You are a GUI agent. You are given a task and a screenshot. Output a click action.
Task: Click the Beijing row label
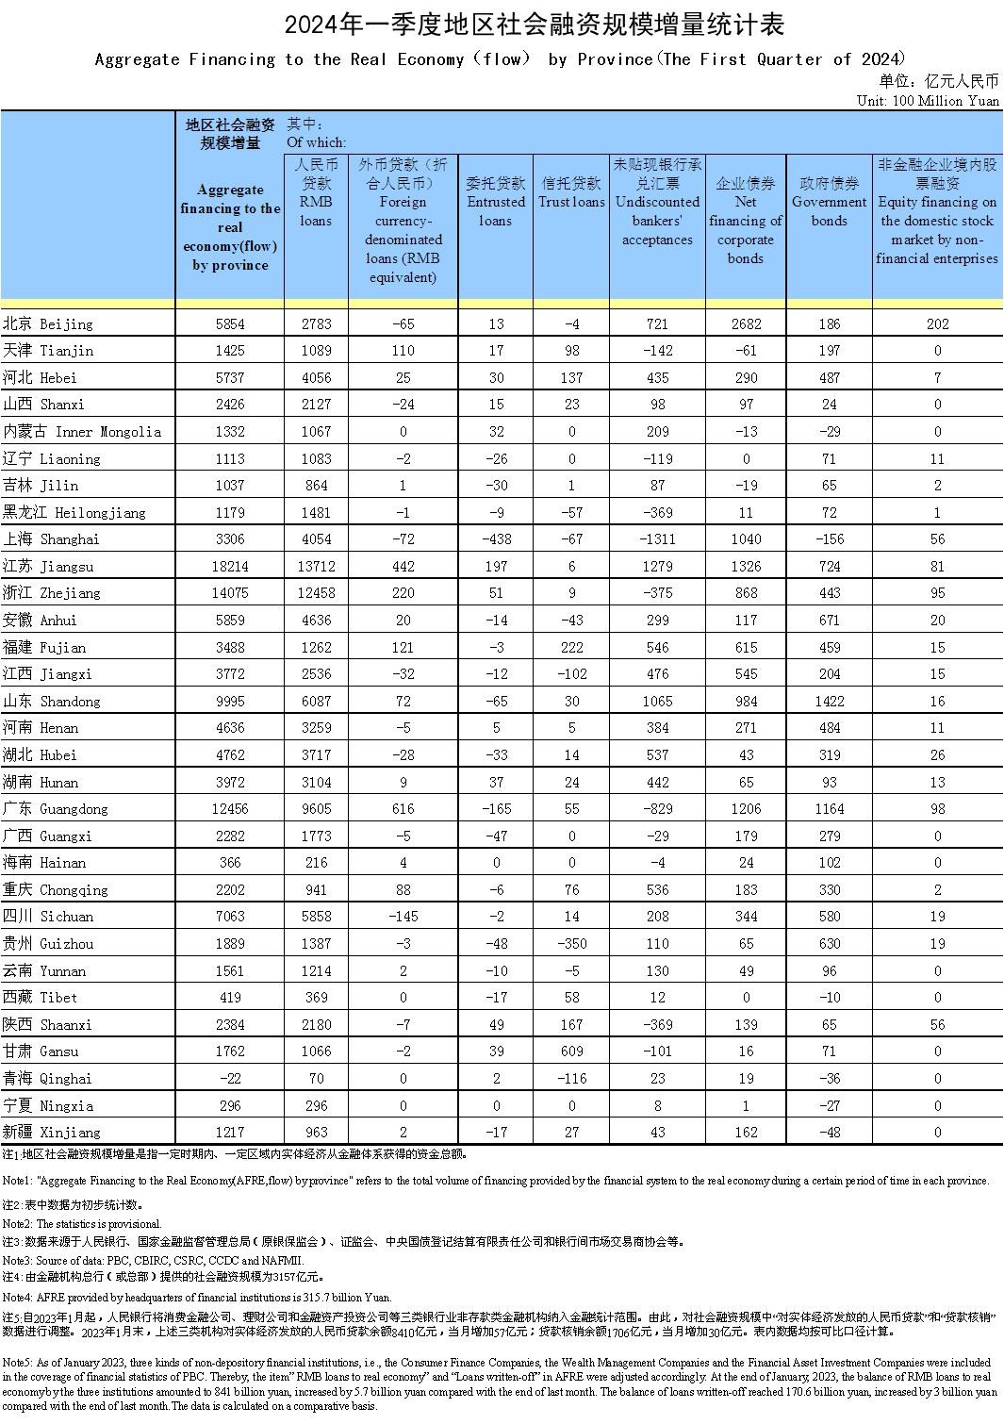(48, 324)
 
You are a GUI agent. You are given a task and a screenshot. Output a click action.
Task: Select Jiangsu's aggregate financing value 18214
(230, 567)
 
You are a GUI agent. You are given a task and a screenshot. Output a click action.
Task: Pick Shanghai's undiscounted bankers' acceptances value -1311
(657, 539)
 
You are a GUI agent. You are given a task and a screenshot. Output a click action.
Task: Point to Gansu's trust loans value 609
(571, 1051)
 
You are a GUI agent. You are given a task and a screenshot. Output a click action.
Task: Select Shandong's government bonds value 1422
(829, 702)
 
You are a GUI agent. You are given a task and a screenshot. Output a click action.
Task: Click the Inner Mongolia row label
(82, 432)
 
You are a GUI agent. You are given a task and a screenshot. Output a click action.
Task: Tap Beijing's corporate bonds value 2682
(745, 324)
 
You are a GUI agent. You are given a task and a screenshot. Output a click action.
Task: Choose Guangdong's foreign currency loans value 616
(403, 809)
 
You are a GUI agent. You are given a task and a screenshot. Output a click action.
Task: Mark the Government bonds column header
(829, 202)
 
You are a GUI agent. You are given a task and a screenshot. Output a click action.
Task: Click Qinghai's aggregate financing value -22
(230, 1079)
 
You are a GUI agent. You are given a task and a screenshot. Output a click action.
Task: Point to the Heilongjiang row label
(74, 513)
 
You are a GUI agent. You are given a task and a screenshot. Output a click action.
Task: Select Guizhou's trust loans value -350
(571, 944)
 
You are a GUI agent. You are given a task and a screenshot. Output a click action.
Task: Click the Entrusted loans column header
(496, 202)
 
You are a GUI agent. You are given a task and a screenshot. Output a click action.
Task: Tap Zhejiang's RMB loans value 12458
(316, 593)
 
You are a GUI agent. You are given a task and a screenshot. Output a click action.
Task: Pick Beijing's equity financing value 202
(937, 324)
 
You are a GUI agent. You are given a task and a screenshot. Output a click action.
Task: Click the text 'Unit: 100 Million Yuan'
(928, 101)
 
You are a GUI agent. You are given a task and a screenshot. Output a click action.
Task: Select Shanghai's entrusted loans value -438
(496, 539)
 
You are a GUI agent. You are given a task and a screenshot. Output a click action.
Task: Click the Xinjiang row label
(51, 1133)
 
